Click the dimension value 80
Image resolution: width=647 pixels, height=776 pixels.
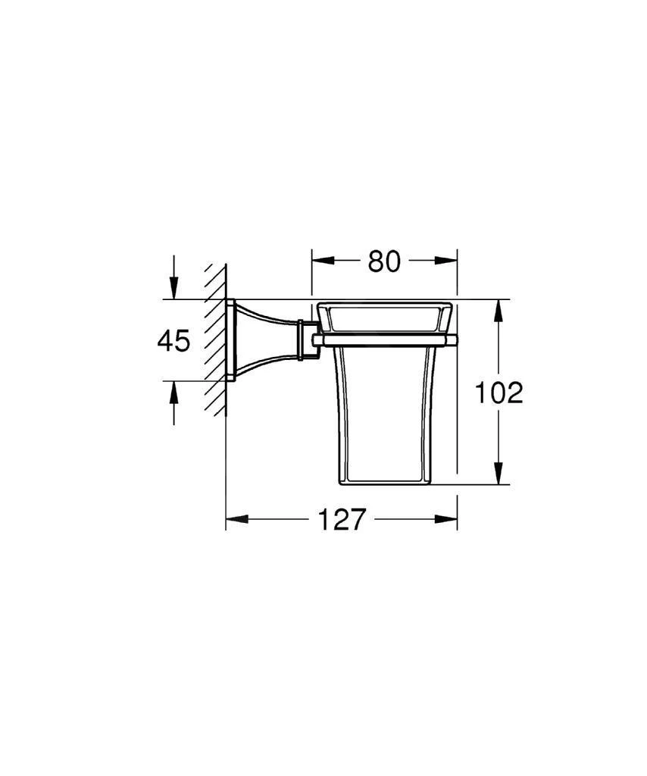pyautogui.click(x=384, y=261)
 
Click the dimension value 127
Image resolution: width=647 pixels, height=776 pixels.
pyautogui.click(x=342, y=519)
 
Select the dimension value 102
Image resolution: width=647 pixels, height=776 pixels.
pyautogui.click(x=499, y=393)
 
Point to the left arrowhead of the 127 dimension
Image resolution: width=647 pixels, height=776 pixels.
pyautogui.click(x=236, y=519)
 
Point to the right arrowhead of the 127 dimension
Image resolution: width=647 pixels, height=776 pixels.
pyautogui.click(x=446, y=519)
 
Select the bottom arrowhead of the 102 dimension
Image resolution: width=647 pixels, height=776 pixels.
pyautogui.click(x=499, y=474)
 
